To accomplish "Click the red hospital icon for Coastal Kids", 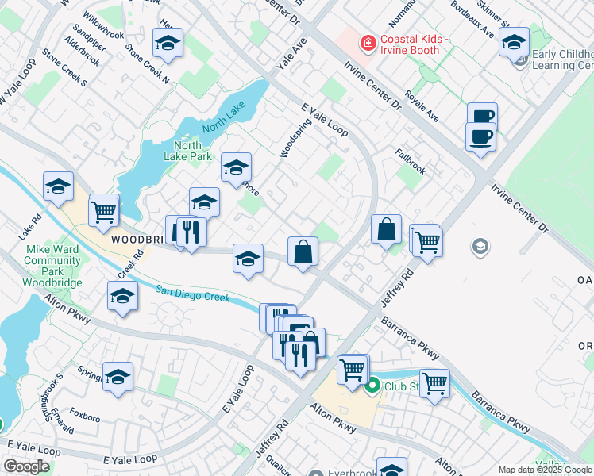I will tap(368, 42).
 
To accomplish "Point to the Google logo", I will tap(26, 466).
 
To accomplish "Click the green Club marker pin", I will tap(371, 387).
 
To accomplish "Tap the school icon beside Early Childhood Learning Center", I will tap(514, 42).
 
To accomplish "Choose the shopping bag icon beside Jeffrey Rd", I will tap(386, 229).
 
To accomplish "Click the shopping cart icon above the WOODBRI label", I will tap(104, 210).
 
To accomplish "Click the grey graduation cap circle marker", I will tap(479, 247).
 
